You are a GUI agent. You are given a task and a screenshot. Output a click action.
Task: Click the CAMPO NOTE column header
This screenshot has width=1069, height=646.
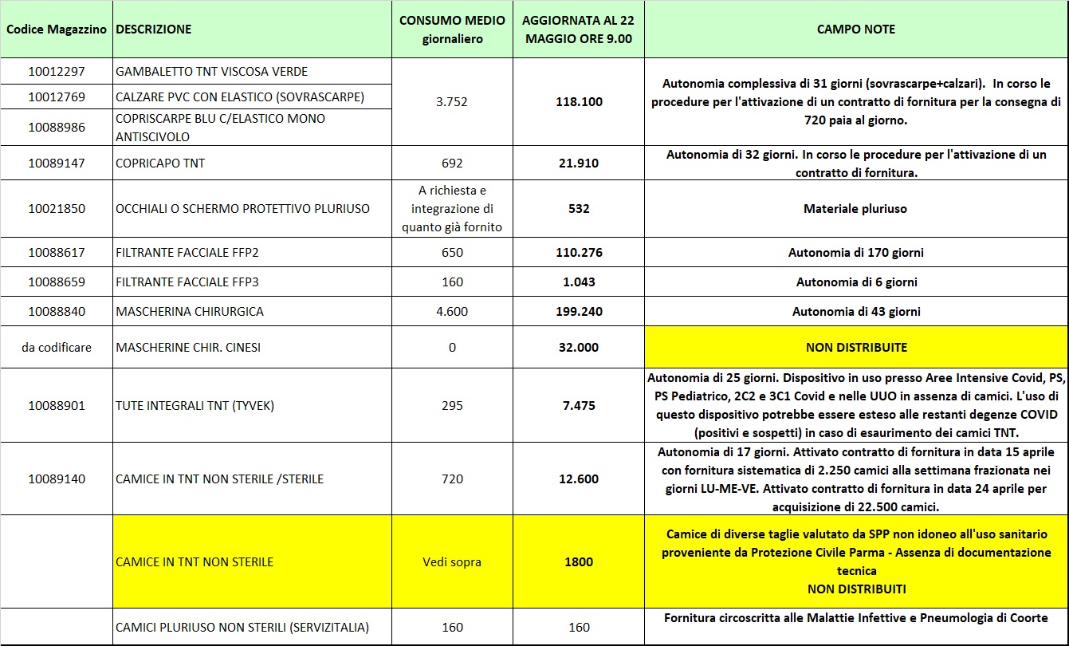[855, 30]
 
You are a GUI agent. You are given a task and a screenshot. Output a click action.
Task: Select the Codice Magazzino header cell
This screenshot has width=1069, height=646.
[56, 30]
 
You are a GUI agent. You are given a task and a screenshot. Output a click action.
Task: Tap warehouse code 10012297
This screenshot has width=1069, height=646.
[56, 72]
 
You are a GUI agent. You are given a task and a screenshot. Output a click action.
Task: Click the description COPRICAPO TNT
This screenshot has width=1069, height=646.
[160, 163]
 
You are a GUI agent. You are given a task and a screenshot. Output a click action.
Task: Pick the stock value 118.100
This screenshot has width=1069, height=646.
[579, 102]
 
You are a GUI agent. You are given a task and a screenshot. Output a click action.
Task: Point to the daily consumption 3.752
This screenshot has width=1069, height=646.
[451, 102]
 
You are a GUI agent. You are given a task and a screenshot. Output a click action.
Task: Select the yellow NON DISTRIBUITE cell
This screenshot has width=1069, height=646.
[856, 348]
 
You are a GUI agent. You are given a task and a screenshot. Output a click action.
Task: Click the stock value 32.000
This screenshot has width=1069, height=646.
[579, 348]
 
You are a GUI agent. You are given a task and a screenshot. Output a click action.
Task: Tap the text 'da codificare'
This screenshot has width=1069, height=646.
[56, 348]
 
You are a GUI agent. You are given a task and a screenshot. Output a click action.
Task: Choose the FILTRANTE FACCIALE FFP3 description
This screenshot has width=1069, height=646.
[187, 282]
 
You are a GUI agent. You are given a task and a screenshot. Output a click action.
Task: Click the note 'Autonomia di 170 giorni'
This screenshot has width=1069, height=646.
[856, 253]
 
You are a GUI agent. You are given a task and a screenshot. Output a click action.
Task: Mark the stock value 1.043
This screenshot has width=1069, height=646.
[579, 282]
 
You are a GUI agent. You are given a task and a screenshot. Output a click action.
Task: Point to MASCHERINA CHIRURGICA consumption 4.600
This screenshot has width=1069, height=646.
[452, 312]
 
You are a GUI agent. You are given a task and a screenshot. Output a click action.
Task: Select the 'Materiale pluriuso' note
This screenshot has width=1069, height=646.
[855, 209]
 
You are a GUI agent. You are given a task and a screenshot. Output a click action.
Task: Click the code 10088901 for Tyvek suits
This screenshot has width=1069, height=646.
[56, 406]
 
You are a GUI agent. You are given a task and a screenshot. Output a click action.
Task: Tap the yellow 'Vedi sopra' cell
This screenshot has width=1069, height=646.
[452, 562]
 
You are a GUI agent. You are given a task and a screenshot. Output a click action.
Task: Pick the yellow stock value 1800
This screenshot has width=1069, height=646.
[579, 562]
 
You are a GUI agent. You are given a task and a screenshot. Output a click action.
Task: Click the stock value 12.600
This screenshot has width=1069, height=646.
[579, 479]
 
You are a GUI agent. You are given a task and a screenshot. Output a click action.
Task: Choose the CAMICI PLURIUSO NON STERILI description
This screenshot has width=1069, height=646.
[242, 628]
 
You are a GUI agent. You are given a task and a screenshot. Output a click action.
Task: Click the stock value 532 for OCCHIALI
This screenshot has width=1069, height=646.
[579, 209]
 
